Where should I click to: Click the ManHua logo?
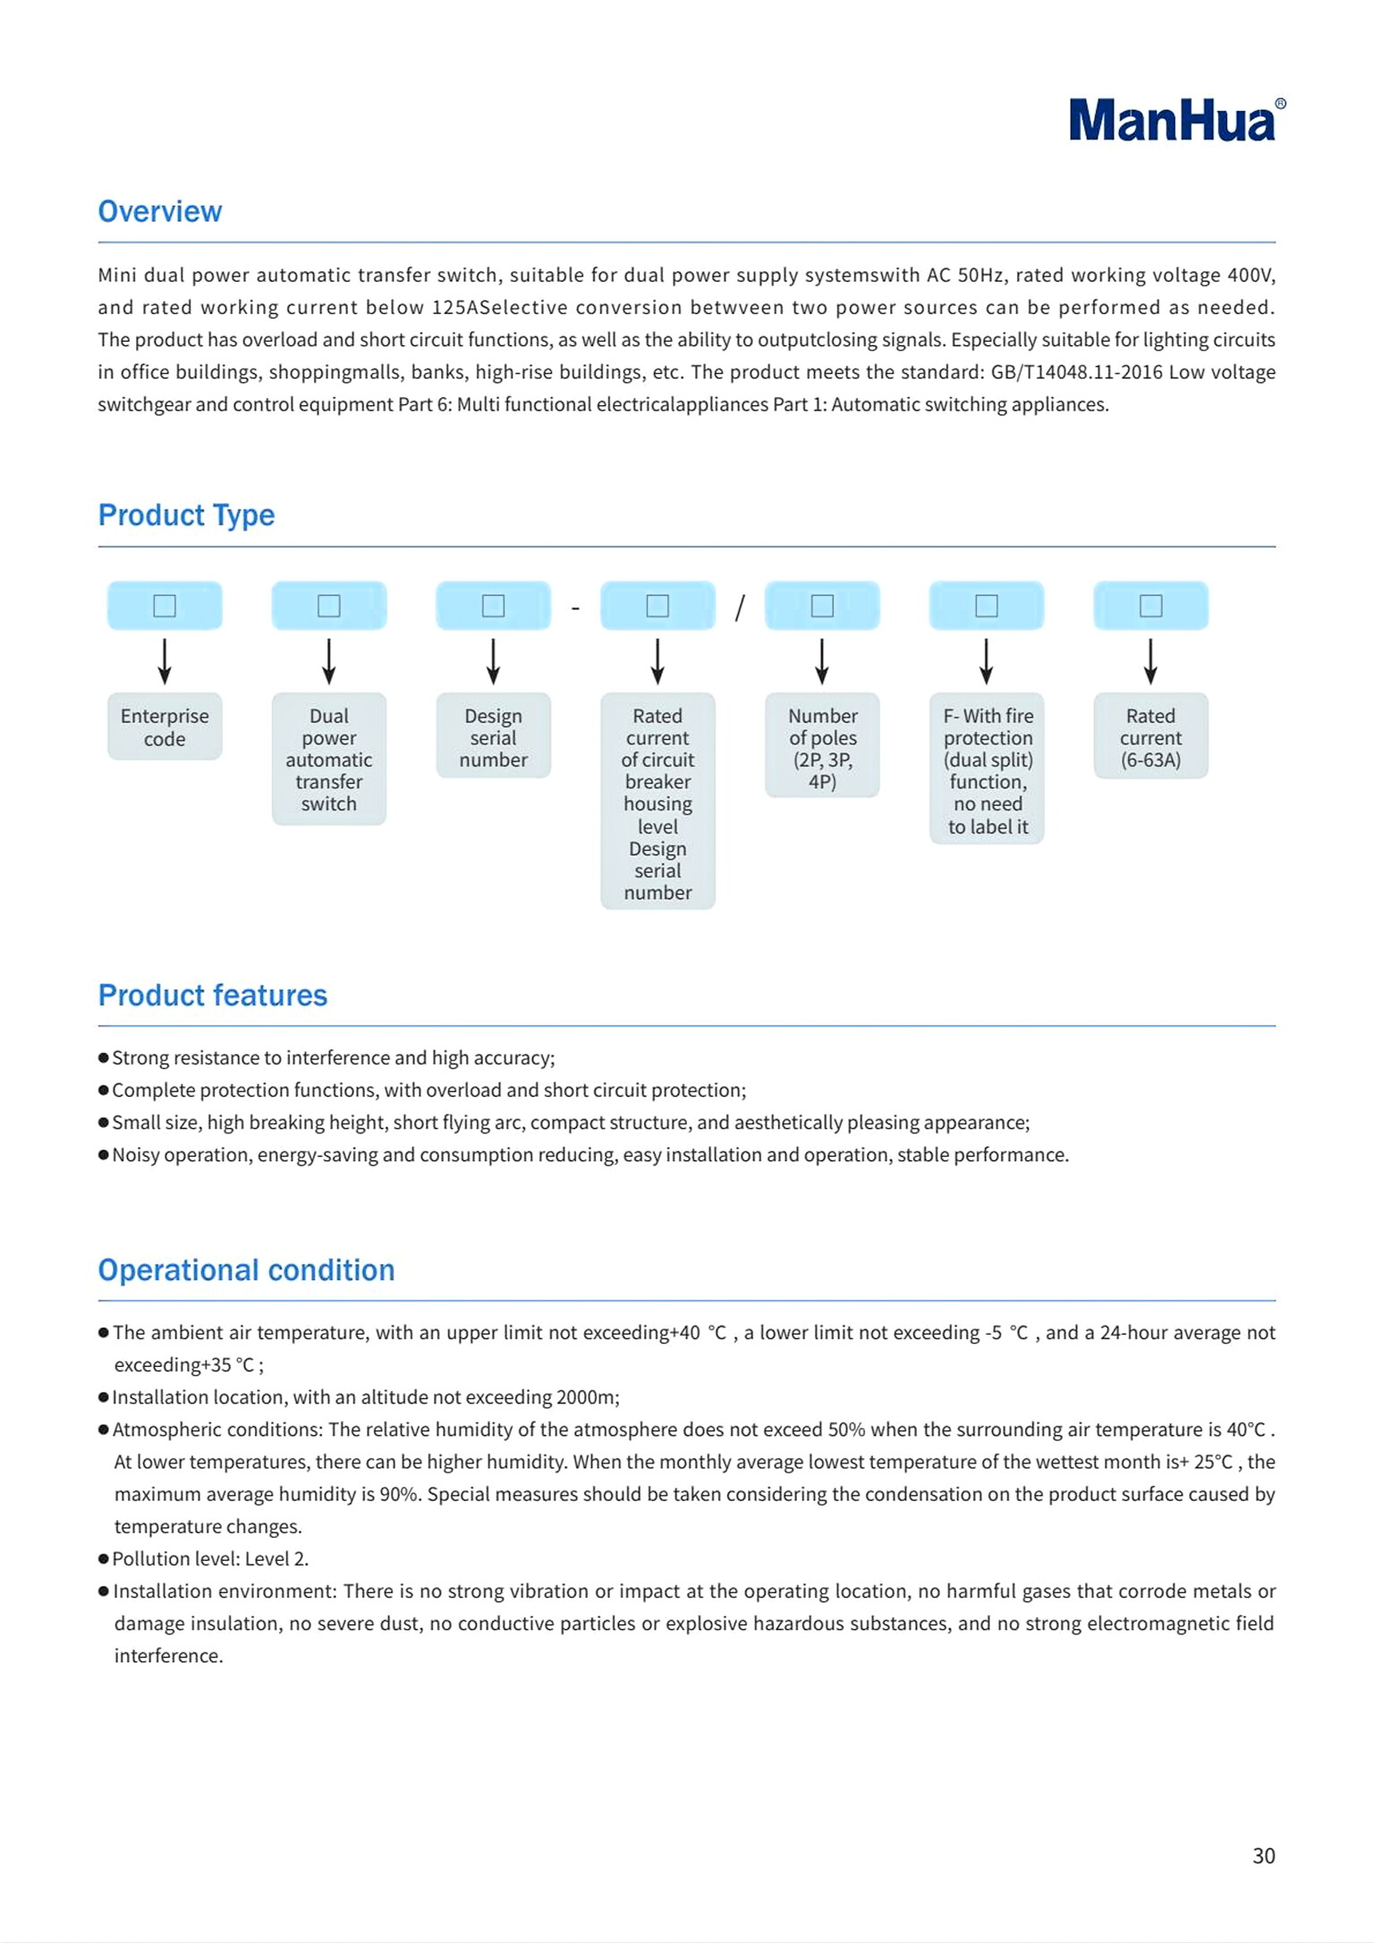1175,120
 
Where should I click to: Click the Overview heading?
160,211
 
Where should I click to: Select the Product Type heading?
186,515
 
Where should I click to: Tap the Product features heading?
213,995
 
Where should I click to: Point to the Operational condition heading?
246,1269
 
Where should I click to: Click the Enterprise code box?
165,726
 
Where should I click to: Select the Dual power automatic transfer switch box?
329,759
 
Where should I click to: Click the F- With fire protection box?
987,769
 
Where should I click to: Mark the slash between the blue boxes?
740,608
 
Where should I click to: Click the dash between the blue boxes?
575,608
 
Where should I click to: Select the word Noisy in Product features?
136,1155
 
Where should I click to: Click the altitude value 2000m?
587,1397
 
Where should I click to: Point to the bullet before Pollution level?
104,1559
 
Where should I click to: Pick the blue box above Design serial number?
493,606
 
